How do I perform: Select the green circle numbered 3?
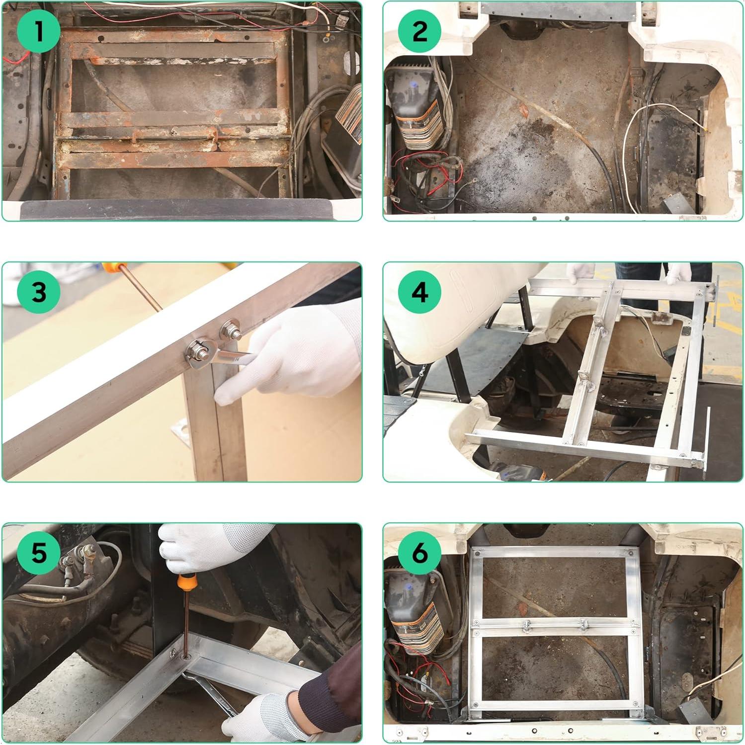pos(39,292)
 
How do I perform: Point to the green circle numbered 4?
pos(420,292)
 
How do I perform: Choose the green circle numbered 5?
pos(39,552)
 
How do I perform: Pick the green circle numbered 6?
pos(420,552)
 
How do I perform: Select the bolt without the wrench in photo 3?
pos(232,331)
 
